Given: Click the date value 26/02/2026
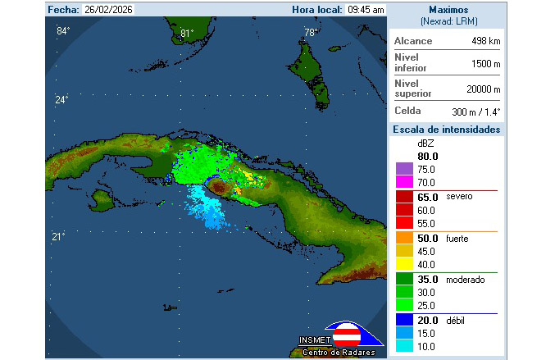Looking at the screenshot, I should pos(110,10).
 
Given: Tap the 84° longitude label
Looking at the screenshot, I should pos(63,31).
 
